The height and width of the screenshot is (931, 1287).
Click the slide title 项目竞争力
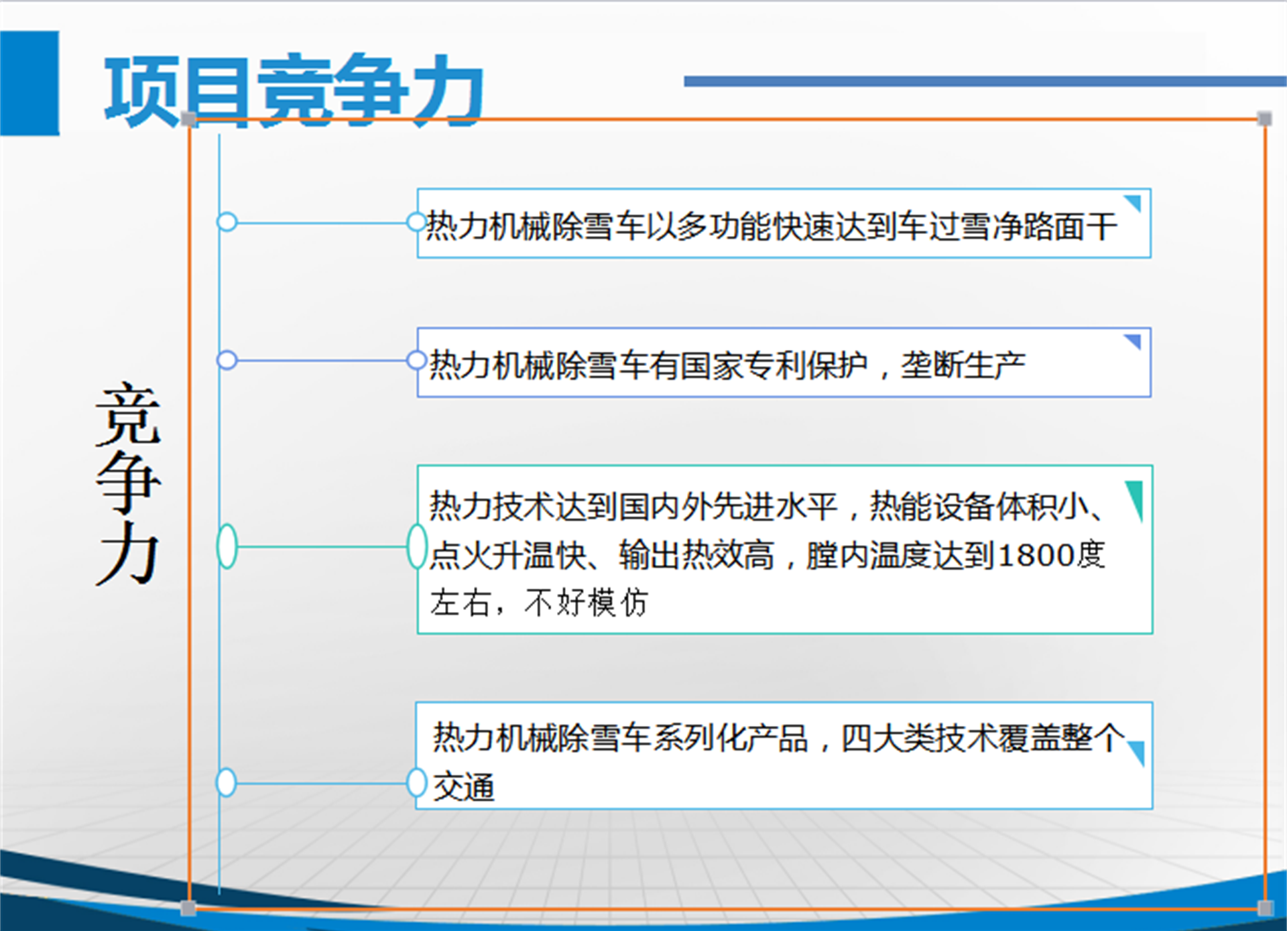tap(294, 90)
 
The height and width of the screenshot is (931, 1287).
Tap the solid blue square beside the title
tap(29, 83)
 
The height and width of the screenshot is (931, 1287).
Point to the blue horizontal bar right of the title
tap(985, 81)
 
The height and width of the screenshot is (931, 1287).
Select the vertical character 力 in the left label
tap(128, 554)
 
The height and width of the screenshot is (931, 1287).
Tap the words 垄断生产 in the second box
tap(963, 365)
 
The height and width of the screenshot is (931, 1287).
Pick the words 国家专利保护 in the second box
tap(774, 365)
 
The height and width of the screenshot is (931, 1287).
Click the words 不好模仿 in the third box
tap(587, 603)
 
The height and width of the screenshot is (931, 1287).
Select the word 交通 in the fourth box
tap(464, 786)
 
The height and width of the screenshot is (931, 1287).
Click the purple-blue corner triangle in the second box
tap(1133, 341)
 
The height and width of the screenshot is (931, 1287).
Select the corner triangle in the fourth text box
tap(1137, 753)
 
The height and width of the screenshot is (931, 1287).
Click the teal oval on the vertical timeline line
tap(227, 546)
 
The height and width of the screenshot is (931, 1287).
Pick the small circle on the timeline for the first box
tap(227, 222)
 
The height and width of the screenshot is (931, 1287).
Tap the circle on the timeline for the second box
tap(227, 360)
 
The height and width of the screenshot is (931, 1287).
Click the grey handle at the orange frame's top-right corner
tap(1265, 119)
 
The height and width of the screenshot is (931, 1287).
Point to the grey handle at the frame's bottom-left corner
tap(188, 908)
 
